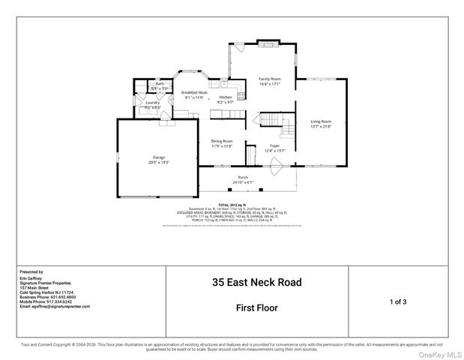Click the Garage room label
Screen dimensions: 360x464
point(159,157)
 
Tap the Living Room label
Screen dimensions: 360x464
point(321,121)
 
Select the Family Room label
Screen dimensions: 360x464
point(270,79)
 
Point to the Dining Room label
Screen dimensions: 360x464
point(222,141)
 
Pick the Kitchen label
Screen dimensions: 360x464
point(226,97)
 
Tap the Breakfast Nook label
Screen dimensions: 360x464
point(193,92)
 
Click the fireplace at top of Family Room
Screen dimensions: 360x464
point(268,43)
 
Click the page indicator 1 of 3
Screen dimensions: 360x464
point(398,301)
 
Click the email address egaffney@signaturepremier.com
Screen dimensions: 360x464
point(54,307)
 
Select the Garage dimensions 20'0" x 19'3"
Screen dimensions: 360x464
point(159,162)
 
